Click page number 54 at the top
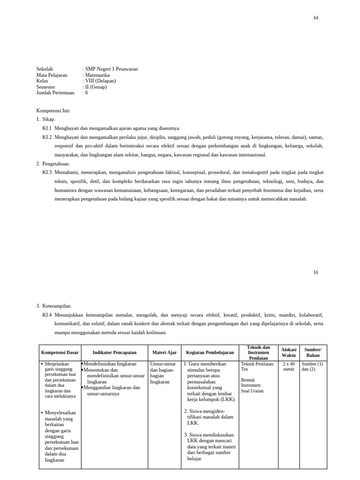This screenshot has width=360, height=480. click(x=315, y=18)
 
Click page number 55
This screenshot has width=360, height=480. click(x=315, y=272)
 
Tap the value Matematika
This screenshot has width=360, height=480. click(x=97, y=75)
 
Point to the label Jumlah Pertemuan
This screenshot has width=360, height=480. click(x=55, y=93)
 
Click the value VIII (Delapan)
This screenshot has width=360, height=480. click(x=100, y=81)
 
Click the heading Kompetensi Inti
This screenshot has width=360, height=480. click(x=53, y=110)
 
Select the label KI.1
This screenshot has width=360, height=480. click(x=47, y=128)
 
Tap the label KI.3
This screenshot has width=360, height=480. click(x=47, y=172)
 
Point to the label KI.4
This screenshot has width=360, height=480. click(x=47, y=315)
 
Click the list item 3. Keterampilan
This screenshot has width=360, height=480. click(x=54, y=306)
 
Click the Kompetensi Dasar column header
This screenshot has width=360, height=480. click(x=60, y=352)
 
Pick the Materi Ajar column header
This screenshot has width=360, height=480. click(x=165, y=352)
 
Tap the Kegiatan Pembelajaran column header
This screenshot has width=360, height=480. click(x=210, y=352)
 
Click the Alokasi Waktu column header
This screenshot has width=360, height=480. click(x=288, y=352)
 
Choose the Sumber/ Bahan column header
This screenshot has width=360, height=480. click(x=313, y=352)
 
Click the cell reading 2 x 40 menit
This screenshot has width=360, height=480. click(x=288, y=366)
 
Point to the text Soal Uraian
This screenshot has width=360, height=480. click(x=252, y=391)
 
